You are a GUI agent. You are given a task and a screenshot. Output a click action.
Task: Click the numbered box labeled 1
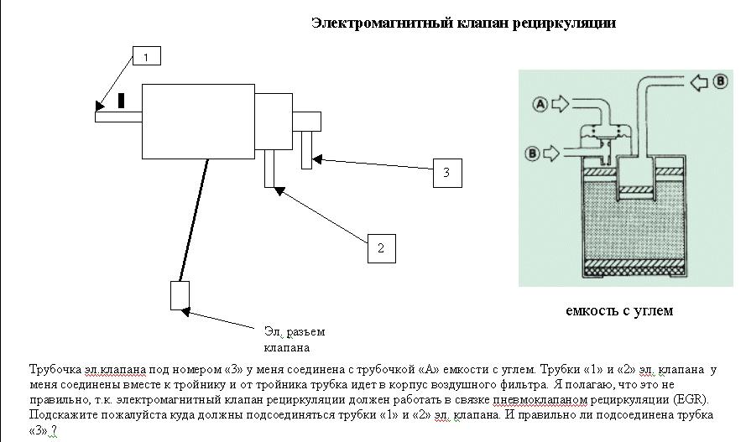pyautogui.click(x=147, y=56)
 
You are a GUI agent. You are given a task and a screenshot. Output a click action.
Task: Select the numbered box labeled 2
pyautogui.click(x=382, y=248)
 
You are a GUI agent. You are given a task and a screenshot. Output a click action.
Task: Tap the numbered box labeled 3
pyautogui.click(x=447, y=173)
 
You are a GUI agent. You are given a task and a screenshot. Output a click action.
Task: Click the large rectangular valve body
pyautogui.click(x=198, y=121)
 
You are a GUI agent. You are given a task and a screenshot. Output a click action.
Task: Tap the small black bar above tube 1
pyautogui.click(x=122, y=101)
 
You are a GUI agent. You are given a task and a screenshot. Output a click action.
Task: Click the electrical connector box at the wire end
pyautogui.click(x=180, y=295)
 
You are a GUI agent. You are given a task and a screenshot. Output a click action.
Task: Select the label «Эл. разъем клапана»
pyautogui.click(x=294, y=340)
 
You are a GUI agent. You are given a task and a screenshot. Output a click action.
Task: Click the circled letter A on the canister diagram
pyautogui.click(x=540, y=104)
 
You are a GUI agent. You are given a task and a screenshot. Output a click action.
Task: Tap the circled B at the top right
pyautogui.click(x=720, y=81)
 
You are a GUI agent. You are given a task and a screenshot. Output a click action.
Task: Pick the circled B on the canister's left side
pyautogui.click(x=532, y=153)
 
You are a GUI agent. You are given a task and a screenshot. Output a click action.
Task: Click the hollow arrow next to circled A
pyautogui.click(x=560, y=104)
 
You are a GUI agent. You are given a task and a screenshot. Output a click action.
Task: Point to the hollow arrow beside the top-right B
pyautogui.click(x=698, y=82)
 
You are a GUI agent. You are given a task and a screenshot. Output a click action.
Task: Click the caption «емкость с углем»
pyautogui.click(x=619, y=311)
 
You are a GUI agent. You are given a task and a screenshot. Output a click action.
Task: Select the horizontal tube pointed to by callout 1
pyautogui.click(x=118, y=117)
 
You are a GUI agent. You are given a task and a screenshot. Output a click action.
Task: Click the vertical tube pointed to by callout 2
pyautogui.click(x=269, y=169)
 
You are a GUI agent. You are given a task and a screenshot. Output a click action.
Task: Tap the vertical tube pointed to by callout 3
pyautogui.click(x=307, y=149)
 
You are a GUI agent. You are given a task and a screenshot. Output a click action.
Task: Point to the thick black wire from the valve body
pyautogui.click(x=194, y=220)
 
